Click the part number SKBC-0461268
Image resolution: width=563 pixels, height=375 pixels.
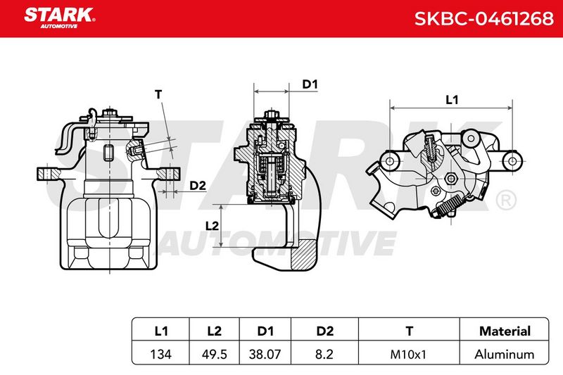pos(483,19)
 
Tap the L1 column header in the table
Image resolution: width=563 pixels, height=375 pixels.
pos(161,331)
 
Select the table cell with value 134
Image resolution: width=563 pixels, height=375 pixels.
pos(161,354)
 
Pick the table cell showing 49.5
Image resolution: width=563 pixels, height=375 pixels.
pos(215,354)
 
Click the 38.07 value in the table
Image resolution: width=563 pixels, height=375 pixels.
pos(265,354)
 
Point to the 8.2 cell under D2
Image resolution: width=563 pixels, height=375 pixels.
pos(324,354)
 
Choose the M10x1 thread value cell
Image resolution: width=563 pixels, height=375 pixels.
pos(408,354)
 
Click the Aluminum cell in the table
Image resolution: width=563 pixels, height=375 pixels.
pos(505,354)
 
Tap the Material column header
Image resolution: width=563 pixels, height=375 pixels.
pos(505,331)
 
